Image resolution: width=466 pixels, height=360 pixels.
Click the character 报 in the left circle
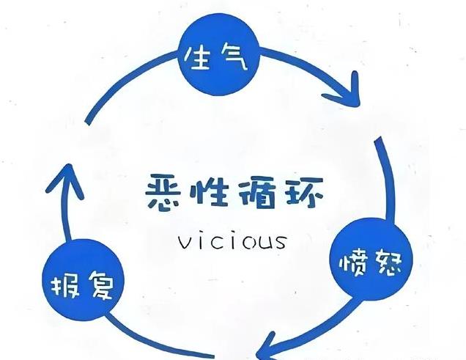point(64,285)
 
